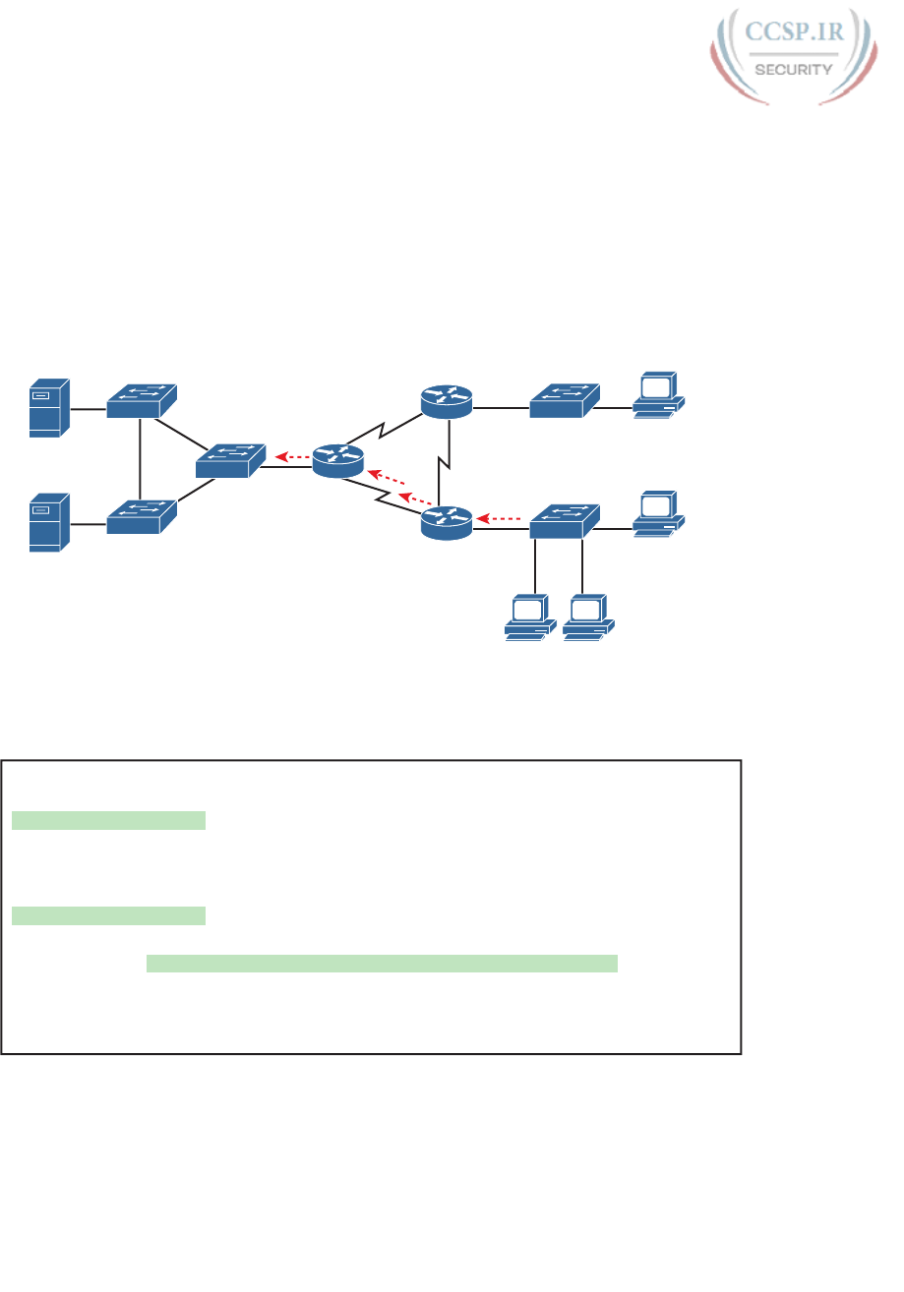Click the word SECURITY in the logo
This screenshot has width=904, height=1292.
click(794, 70)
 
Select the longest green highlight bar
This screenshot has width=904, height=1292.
click(382, 963)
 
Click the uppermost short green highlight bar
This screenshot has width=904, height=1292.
click(108, 820)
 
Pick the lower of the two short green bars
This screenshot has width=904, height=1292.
click(108, 916)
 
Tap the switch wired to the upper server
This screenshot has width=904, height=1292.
click(142, 399)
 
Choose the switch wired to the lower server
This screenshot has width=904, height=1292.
click(142, 517)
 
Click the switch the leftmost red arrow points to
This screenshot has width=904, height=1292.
click(230, 460)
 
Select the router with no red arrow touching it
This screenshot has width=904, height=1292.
click(447, 401)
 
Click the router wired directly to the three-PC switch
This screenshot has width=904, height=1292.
click(447, 521)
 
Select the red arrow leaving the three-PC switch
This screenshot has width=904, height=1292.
click(500, 517)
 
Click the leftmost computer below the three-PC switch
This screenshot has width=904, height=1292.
click(530, 618)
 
